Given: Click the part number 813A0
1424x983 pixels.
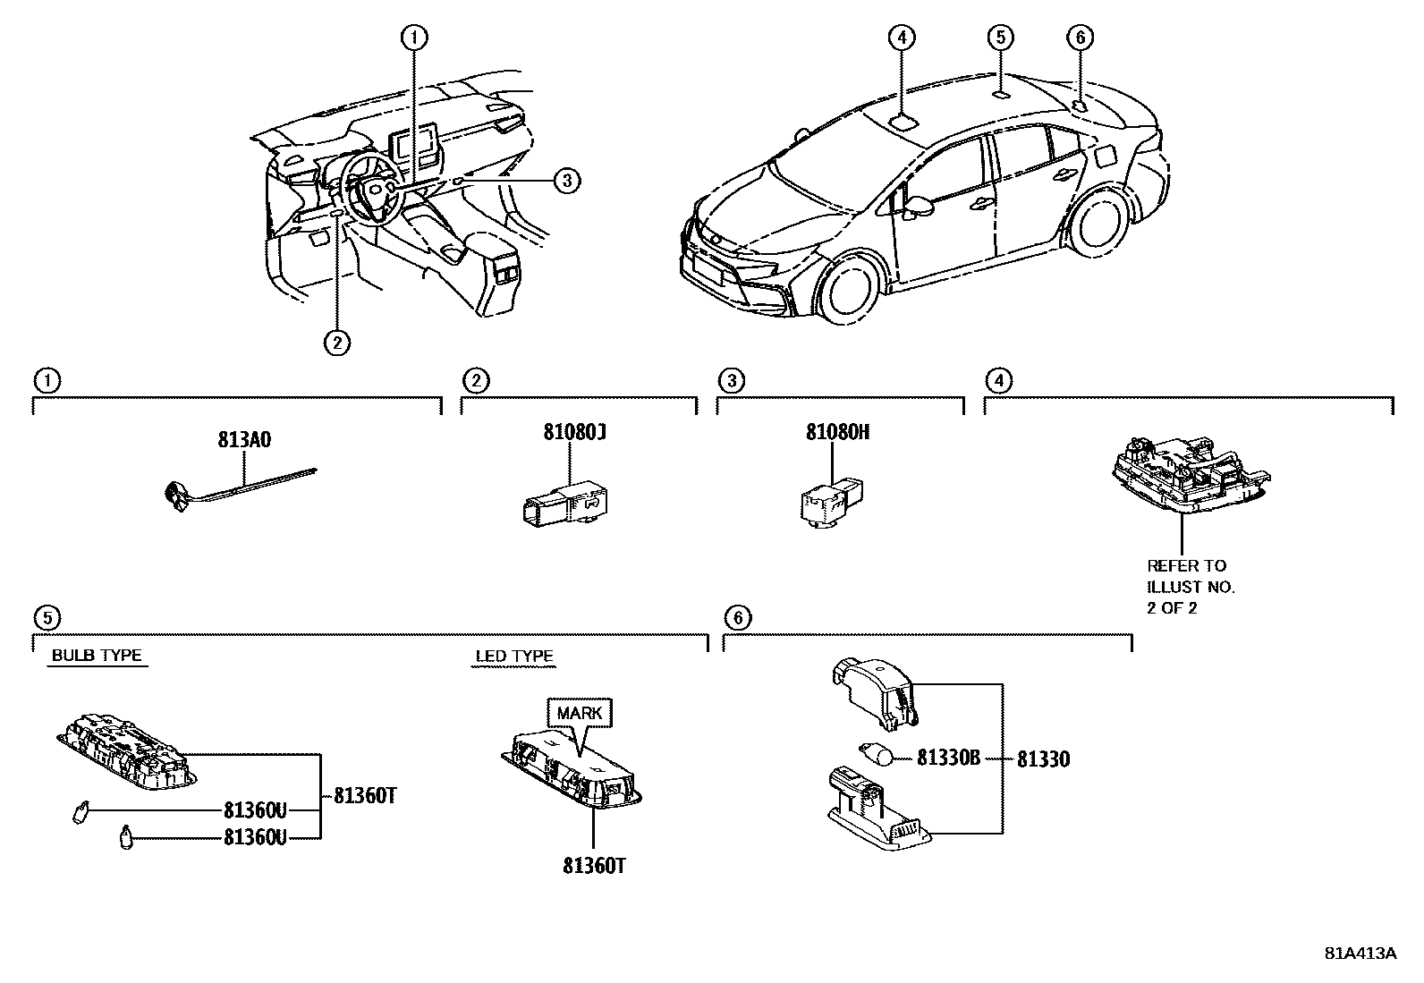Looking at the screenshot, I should click(244, 440).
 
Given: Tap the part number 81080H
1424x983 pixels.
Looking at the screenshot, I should click(837, 433).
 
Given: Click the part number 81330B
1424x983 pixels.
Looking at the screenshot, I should click(948, 758).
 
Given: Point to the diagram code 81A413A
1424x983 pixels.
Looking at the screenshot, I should click(1360, 953).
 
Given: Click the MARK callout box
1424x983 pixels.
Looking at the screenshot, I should click(581, 713).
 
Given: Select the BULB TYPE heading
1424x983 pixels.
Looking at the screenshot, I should click(97, 656).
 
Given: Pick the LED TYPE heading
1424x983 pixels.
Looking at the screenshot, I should click(514, 657).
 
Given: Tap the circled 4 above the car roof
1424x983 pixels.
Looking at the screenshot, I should click(902, 37).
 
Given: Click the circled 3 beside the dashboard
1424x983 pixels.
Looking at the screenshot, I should click(565, 181).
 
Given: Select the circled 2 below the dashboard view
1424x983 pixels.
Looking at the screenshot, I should click(337, 341).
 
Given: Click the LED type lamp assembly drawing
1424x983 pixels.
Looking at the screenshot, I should click(572, 766).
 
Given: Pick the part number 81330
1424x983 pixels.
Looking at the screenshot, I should click(1043, 759).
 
